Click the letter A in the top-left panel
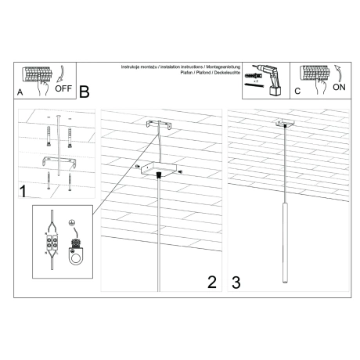pos(19,92)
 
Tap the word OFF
pos(63,88)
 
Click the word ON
pos(338,88)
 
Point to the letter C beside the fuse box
pos(297,92)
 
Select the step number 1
pos(23,190)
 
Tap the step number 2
pos(211,282)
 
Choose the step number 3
pos(235,282)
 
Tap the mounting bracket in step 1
pos(58,160)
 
